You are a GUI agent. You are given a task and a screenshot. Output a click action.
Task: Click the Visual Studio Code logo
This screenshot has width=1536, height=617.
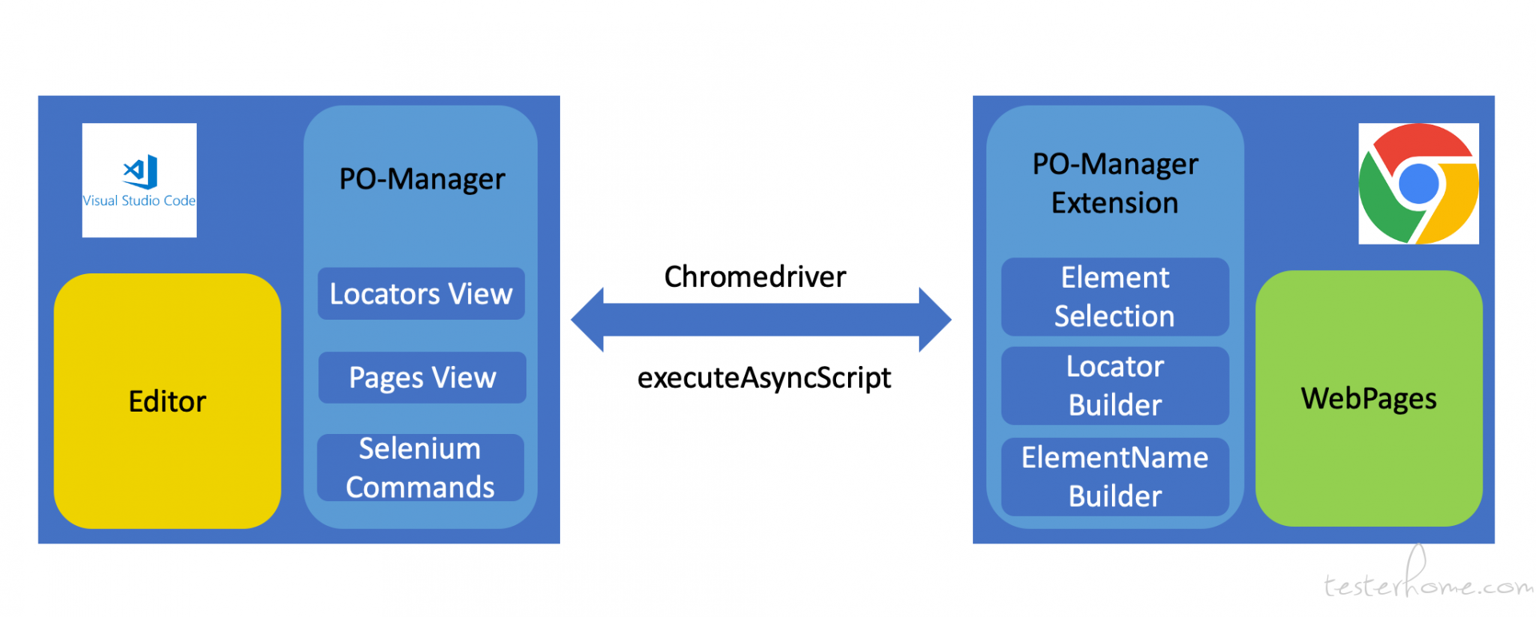[x=139, y=180]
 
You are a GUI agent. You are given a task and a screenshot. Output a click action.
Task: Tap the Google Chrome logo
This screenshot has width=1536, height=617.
[x=1418, y=184]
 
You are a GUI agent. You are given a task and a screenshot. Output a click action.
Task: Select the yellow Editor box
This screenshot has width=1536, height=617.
[x=167, y=400]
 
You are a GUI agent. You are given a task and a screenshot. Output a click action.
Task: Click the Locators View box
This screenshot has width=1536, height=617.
[x=421, y=293]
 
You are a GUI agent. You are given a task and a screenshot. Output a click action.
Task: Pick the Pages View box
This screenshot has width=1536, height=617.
[x=422, y=377]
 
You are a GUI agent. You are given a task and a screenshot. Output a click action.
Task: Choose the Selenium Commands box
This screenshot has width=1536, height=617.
[x=421, y=468]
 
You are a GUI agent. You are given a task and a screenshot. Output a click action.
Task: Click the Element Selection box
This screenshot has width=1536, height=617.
[x=1115, y=297]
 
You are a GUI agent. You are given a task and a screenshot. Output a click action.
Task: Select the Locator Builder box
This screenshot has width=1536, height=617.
[x=1115, y=385]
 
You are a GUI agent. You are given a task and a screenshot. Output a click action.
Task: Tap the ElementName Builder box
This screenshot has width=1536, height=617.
[x=1115, y=476]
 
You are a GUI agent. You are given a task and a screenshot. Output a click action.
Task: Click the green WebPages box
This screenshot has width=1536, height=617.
[x=1369, y=398]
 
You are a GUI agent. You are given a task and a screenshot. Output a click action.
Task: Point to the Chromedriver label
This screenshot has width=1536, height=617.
[x=755, y=277]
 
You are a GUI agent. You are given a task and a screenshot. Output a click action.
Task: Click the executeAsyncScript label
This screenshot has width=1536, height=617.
[x=764, y=378]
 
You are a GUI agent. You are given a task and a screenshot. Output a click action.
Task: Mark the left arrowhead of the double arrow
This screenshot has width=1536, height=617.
[x=587, y=320]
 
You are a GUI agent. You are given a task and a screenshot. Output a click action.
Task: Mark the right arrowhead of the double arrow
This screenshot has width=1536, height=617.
[x=935, y=320]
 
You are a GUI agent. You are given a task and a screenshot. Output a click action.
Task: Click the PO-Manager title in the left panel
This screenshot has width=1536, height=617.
[x=422, y=179]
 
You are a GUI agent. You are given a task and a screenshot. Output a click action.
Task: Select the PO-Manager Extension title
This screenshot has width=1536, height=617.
[x=1115, y=183]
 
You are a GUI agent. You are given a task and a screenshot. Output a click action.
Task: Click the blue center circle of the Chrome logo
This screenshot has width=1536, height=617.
[x=1419, y=184]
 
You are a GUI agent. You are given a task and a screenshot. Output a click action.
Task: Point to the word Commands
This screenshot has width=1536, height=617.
[x=420, y=488]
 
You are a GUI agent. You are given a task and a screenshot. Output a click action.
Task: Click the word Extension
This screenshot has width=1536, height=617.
[x=1115, y=203]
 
